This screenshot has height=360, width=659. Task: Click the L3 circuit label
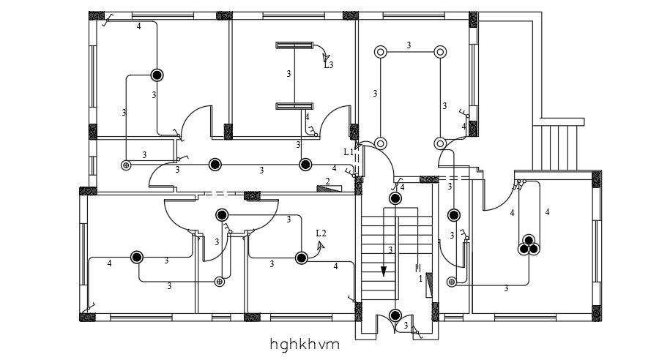click(329, 65)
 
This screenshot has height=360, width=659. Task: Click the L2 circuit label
click(321, 233)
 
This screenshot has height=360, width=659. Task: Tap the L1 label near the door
click(348, 152)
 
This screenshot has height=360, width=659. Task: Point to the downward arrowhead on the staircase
click(383, 272)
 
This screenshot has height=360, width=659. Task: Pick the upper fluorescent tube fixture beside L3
click(294, 46)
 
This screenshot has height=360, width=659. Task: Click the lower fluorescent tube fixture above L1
click(294, 107)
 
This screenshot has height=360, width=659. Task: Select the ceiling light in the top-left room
click(157, 74)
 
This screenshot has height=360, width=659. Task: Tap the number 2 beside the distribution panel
click(327, 181)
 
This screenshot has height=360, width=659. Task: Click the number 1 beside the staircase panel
click(420, 279)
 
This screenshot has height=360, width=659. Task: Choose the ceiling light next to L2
click(301, 258)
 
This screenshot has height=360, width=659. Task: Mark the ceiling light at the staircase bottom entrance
click(395, 315)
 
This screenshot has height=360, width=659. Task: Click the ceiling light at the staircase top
click(395, 198)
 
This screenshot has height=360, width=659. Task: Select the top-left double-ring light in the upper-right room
click(380, 52)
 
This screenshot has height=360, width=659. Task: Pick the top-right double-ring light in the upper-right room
click(439, 52)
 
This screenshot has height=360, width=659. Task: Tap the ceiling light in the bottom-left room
click(137, 257)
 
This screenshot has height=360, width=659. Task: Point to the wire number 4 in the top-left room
click(138, 26)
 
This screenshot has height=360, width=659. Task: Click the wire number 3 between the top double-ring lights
click(409, 45)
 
